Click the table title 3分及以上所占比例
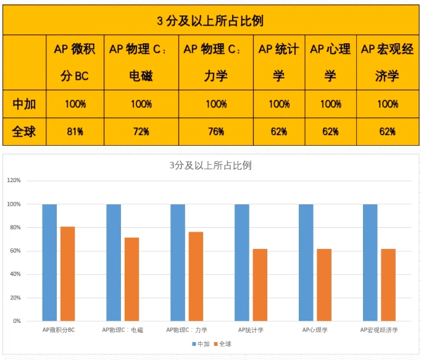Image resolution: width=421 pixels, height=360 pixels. coord(210,20)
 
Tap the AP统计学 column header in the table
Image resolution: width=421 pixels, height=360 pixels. coord(278,62)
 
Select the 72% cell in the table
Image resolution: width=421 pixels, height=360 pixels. coord(141,132)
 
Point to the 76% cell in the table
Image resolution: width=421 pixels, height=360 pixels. coord(215,132)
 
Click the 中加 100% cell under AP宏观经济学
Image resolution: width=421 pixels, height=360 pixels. coord(387,104)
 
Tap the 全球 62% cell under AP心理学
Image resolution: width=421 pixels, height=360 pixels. coord(330,132)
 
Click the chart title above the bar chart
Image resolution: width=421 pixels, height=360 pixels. coord(210,165)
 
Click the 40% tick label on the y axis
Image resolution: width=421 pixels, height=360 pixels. coord(15,274)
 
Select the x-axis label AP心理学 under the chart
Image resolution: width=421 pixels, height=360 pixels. coord(314,330)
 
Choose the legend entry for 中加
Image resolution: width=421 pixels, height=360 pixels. coord(201,343)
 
